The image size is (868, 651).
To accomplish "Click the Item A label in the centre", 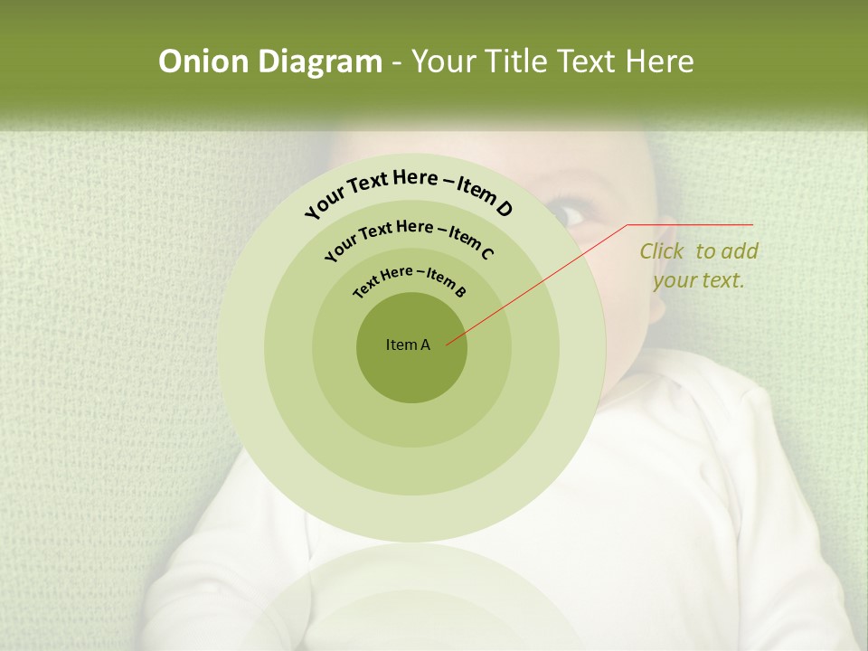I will click(408, 344).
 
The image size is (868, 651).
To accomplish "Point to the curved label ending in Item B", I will click(410, 279).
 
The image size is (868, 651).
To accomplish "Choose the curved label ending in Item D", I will click(409, 189).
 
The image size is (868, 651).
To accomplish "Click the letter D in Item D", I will click(505, 209).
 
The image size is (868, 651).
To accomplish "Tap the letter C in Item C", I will click(486, 253).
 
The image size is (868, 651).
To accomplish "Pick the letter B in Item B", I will click(460, 291).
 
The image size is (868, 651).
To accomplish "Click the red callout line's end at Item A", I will click(448, 344).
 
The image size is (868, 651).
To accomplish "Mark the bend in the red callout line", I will click(627, 225).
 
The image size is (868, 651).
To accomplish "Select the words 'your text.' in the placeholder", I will click(699, 280).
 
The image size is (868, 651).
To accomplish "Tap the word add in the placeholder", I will click(741, 251).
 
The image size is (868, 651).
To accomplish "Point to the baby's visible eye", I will click(568, 214).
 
